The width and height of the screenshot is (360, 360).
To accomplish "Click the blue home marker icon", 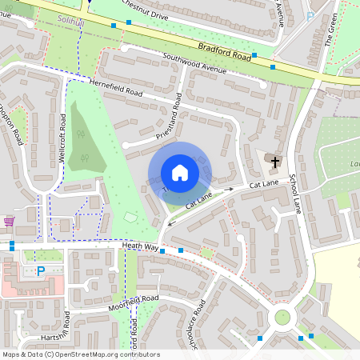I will (179, 173).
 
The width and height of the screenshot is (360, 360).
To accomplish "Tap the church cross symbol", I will (275, 162).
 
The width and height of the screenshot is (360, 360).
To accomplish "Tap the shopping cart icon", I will (9, 221).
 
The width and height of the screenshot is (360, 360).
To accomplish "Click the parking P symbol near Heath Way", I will (40, 270).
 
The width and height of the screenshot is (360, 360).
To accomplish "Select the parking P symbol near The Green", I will (310, 16).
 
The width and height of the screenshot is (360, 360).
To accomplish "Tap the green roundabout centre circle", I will (282, 317).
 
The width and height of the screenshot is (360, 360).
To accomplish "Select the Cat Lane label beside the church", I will (263, 185).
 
